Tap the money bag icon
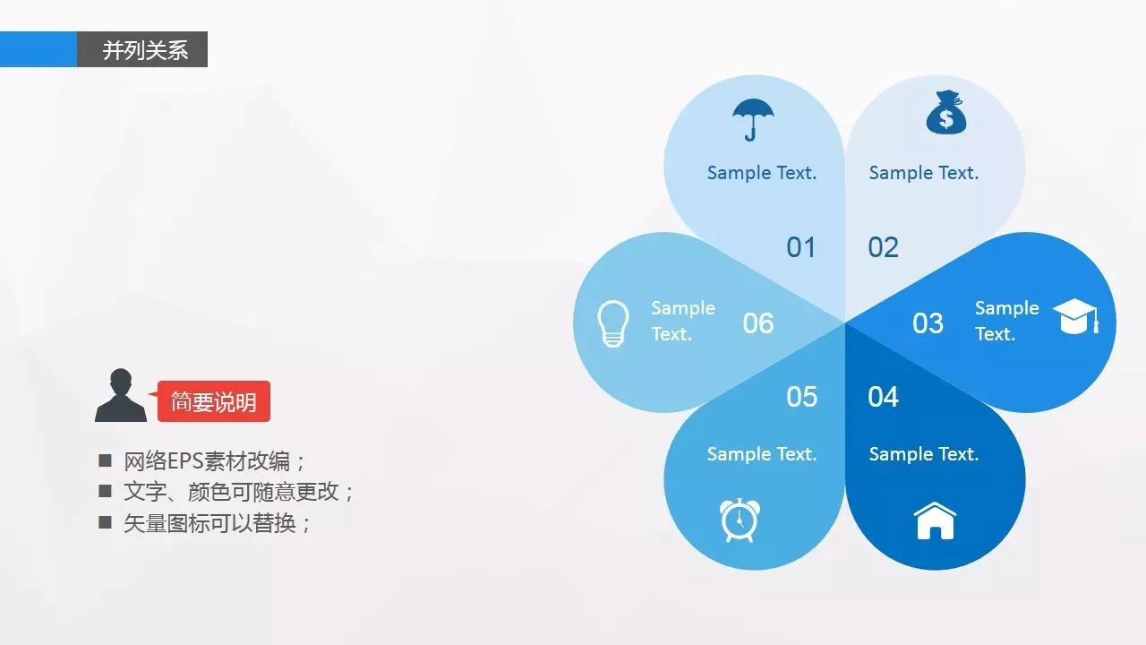click(946, 113)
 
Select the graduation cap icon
click(1075, 316)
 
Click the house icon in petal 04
click(935, 520)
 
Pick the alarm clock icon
click(740, 520)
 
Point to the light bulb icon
click(613, 323)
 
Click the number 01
click(800, 247)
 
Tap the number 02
click(883, 247)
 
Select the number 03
click(928, 323)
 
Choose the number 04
click(883, 397)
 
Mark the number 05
click(801, 397)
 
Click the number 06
click(758, 323)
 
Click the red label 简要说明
click(214, 401)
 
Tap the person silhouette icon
click(121, 395)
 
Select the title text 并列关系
click(145, 50)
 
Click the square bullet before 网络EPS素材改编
click(105, 460)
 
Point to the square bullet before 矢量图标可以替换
click(105, 522)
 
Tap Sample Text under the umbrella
click(762, 173)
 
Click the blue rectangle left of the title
click(38, 49)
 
